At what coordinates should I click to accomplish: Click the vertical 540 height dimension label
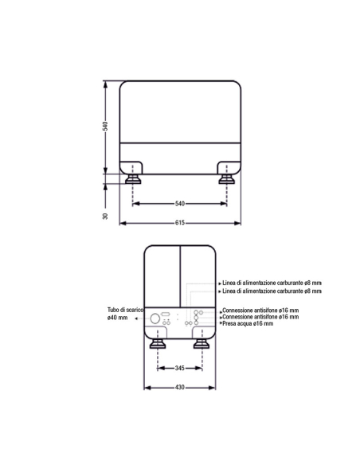105,126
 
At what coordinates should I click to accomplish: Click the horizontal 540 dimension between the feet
180,204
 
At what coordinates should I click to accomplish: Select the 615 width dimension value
180,223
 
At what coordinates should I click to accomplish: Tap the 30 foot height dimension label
105,217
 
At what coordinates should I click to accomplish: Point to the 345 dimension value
180,368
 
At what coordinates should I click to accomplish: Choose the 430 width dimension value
180,387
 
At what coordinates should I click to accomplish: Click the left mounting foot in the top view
133,179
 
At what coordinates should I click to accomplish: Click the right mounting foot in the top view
226,179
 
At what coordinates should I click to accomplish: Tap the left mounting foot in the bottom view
158,344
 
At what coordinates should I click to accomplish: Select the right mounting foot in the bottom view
202,344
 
